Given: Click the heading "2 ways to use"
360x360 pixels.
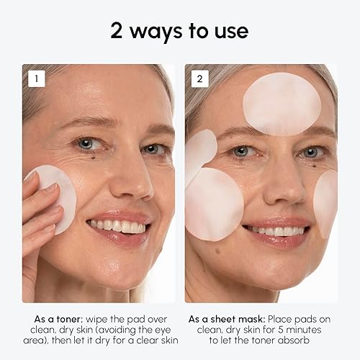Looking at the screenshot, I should pyautogui.click(x=179, y=31).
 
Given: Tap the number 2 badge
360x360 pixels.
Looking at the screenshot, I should pyautogui.click(x=199, y=78).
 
